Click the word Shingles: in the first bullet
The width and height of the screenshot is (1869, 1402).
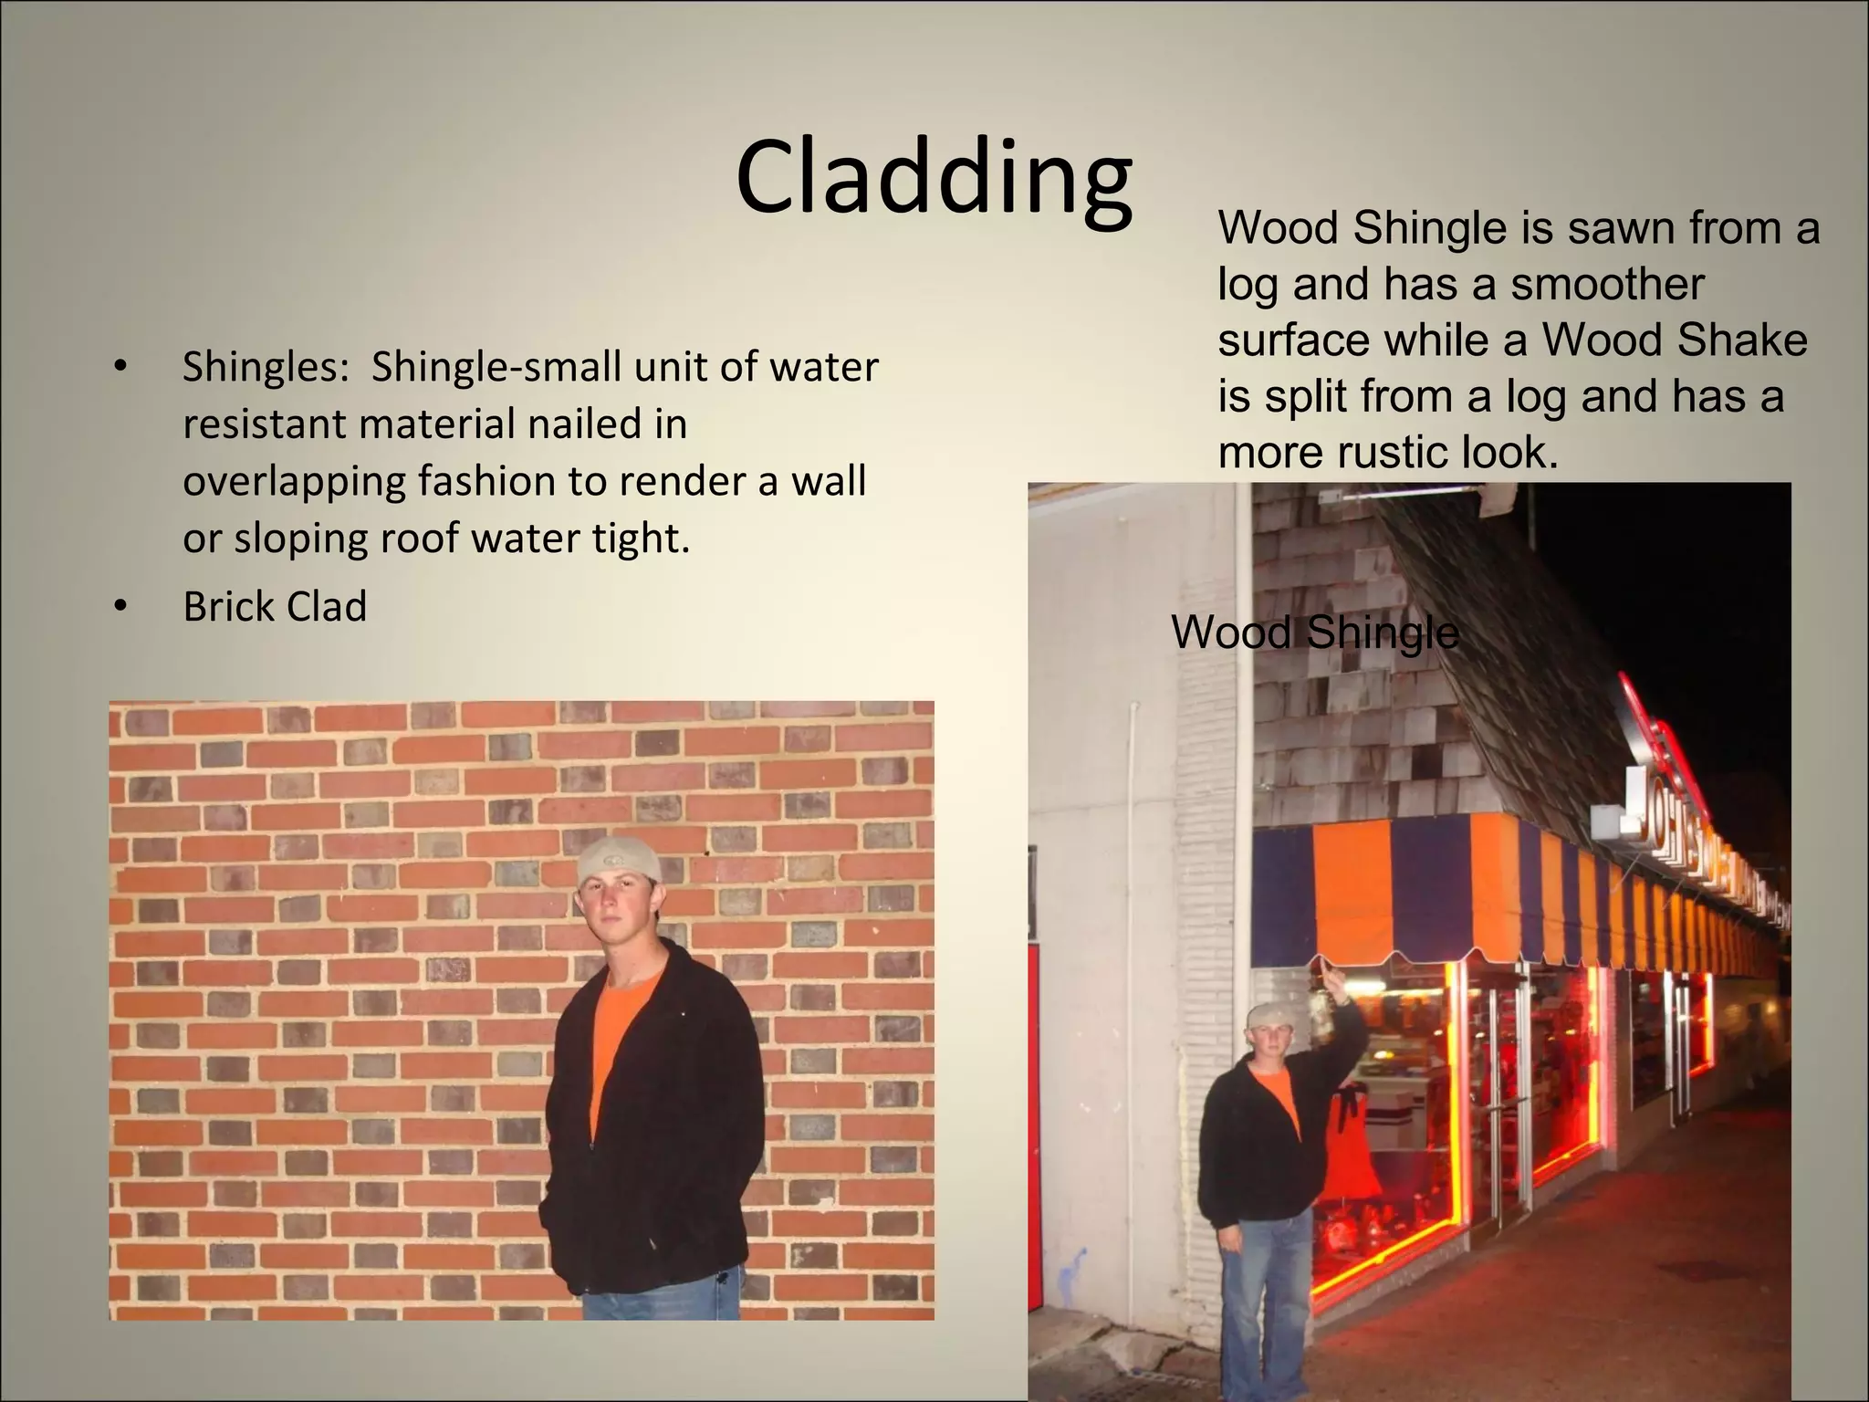click(x=266, y=368)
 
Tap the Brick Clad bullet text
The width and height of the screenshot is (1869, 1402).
click(x=275, y=607)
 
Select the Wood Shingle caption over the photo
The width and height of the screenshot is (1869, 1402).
click(x=1314, y=633)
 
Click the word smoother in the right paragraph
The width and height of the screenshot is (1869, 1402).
click(x=1607, y=284)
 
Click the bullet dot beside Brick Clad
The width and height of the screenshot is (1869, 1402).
click(x=120, y=607)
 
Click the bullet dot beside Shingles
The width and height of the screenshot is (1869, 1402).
click(x=120, y=368)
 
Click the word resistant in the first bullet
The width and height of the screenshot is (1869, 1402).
click(x=265, y=425)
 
